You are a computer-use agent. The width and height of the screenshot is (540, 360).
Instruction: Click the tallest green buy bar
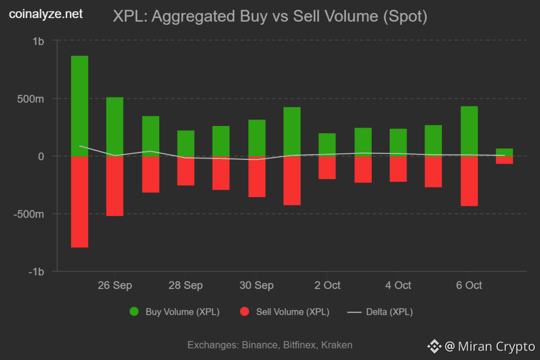[80, 105]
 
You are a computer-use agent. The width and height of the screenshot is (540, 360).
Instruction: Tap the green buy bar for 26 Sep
[115, 127]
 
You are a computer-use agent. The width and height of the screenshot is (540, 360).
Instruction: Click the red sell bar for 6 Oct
[469, 181]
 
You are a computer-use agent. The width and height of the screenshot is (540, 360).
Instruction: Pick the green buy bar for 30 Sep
[257, 138]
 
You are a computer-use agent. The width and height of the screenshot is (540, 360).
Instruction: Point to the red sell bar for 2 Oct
[327, 168]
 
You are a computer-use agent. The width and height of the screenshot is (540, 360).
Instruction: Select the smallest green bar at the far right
[505, 152]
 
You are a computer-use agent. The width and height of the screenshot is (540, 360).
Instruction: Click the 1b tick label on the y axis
[38, 41]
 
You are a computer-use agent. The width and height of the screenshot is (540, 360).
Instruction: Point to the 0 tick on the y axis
[41, 157]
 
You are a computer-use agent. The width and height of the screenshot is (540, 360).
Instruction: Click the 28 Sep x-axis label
[186, 285]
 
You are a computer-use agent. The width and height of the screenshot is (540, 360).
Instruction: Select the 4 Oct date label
[398, 285]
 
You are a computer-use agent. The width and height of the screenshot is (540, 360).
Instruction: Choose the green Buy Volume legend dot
[134, 312]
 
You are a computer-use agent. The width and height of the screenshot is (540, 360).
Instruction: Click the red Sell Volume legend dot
[244, 312]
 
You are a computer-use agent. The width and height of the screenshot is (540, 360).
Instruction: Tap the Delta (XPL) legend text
[390, 312]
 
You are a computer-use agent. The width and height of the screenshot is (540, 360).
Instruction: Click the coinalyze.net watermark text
[46, 14]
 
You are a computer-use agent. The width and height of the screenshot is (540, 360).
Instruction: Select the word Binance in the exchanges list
[261, 345]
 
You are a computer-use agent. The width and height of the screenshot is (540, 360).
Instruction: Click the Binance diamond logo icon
[435, 346]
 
